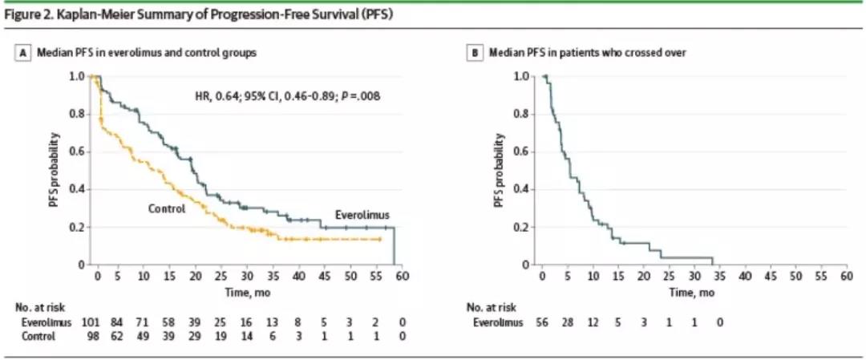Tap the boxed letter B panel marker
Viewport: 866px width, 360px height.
click(473, 52)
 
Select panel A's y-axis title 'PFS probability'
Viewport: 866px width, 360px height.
click(53, 169)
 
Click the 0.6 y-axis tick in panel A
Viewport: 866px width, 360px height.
click(79, 152)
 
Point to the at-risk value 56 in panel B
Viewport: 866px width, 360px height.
click(541, 323)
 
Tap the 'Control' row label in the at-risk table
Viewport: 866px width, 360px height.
click(38, 337)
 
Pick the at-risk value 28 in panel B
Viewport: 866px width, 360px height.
click(567, 323)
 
